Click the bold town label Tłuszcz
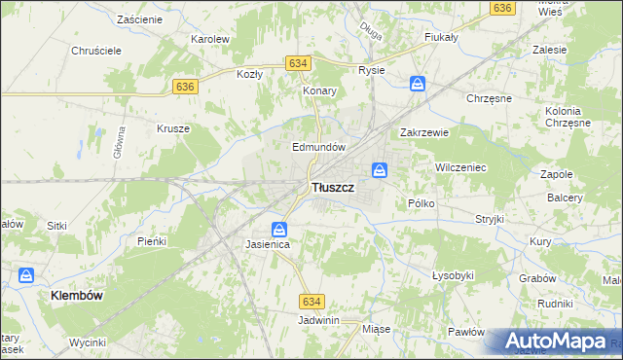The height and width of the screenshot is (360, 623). pyautogui.click(x=331, y=187)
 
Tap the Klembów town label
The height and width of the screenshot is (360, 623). pyautogui.click(x=78, y=294)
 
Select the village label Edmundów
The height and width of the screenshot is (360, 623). pyautogui.click(x=320, y=147)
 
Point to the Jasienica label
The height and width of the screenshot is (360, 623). pyautogui.click(x=269, y=246)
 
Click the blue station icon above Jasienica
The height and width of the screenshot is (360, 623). pyautogui.click(x=279, y=230)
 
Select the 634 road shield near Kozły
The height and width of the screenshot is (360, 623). pyautogui.click(x=299, y=63)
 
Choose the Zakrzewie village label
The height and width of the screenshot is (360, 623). pyautogui.click(x=423, y=133)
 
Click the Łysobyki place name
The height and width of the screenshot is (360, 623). pyautogui.click(x=453, y=275)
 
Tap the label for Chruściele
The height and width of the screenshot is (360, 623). pyautogui.click(x=95, y=52)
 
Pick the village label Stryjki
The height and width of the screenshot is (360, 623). pyautogui.click(x=489, y=219)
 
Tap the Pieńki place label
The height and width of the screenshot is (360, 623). pyautogui.click(x=153, y=240)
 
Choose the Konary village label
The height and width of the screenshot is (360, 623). pyautogui.click(x=319, y=90)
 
